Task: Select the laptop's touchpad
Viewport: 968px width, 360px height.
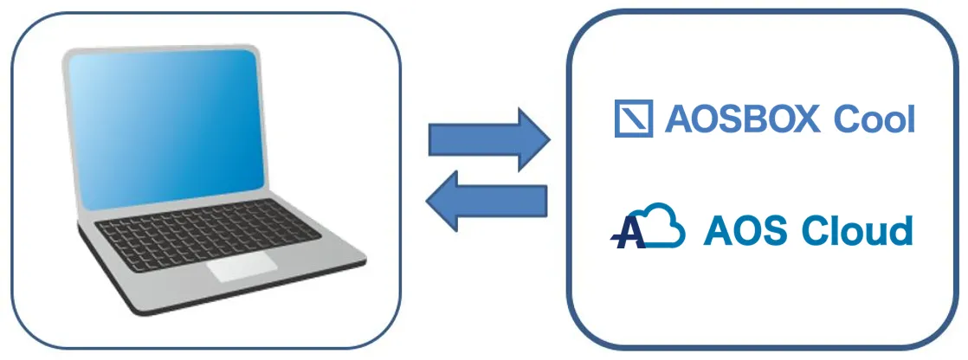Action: [242, 267]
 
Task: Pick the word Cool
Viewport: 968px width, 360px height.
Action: [874, 120]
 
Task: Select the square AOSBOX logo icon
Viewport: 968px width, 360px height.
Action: [633, 119]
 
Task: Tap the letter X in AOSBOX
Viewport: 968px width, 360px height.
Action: [806, 120]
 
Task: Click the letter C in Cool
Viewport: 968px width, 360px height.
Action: [847, 120]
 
